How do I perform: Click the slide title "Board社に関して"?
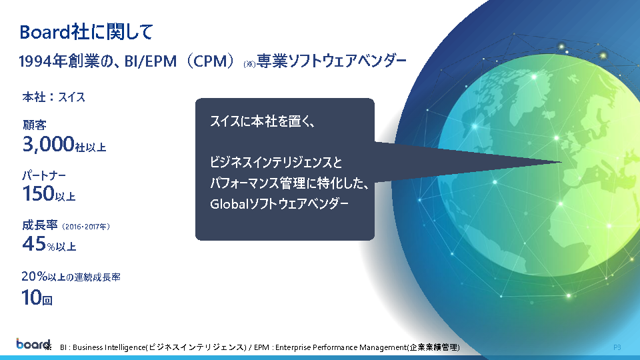(86, 32)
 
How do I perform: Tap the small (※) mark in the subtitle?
(249, 64)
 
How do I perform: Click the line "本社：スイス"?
(53, 97)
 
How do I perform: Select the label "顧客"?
(34, 125)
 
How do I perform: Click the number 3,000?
(48, 144)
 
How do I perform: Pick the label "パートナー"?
(44, 175)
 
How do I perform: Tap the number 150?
(39, 193)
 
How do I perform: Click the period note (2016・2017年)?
(86, 227)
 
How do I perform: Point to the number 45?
(34, 244)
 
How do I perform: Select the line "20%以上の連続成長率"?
(71, 277)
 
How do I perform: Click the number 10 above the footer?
(31, 297)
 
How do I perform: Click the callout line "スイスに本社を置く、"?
(262, 121)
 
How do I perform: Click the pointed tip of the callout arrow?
(561, 163)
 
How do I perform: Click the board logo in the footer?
(33, 344)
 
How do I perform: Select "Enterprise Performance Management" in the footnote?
(341, 347)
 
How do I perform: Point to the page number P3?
(617, 347)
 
